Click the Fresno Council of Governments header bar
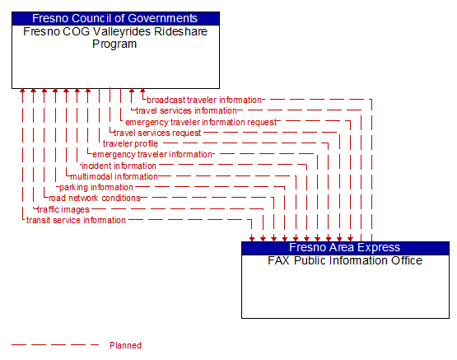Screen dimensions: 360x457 [x=115, y=18]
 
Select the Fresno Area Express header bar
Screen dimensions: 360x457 [x=345, y=247]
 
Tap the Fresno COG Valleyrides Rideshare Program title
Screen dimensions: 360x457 [x=115, y=37]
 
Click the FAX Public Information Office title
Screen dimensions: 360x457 [x=345, y=260]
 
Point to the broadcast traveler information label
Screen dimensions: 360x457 [x=203, y=100]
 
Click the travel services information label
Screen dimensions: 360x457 [x=186, y=110]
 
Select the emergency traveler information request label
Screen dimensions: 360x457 [x=201, y=122]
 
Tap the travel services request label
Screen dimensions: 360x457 [x=157, y=133]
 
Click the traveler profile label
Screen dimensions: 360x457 [x=130, y=143]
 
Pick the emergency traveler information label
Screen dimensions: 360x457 [x=152, y=154]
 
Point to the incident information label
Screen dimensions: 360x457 [x=119, y=166]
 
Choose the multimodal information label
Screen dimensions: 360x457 [x=114, y=176]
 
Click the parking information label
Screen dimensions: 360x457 [x=96, y=187]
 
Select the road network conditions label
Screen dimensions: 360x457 [x=94, y=198]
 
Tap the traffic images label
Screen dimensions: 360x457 [x=63, y=209]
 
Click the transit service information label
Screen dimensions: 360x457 [x=76, y=220]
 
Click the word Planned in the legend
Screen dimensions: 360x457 [x=125, y=345]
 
